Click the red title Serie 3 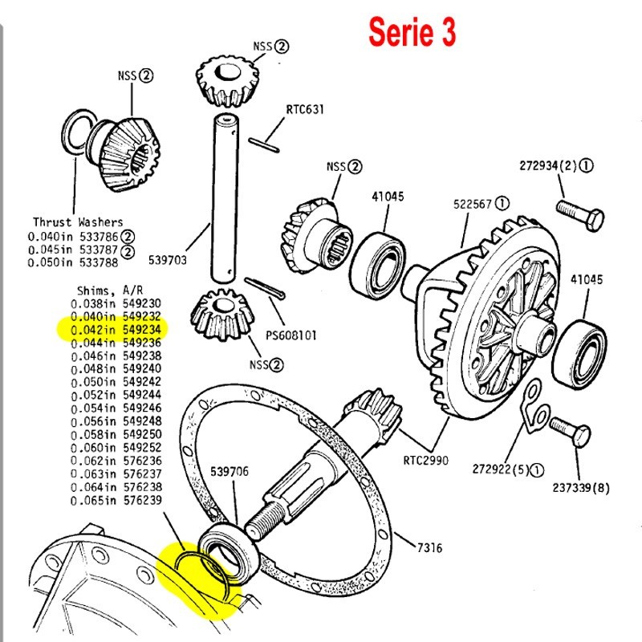(412, 32)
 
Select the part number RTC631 (305, 110)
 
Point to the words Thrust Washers (79, 221)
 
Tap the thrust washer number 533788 (102, 262)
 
